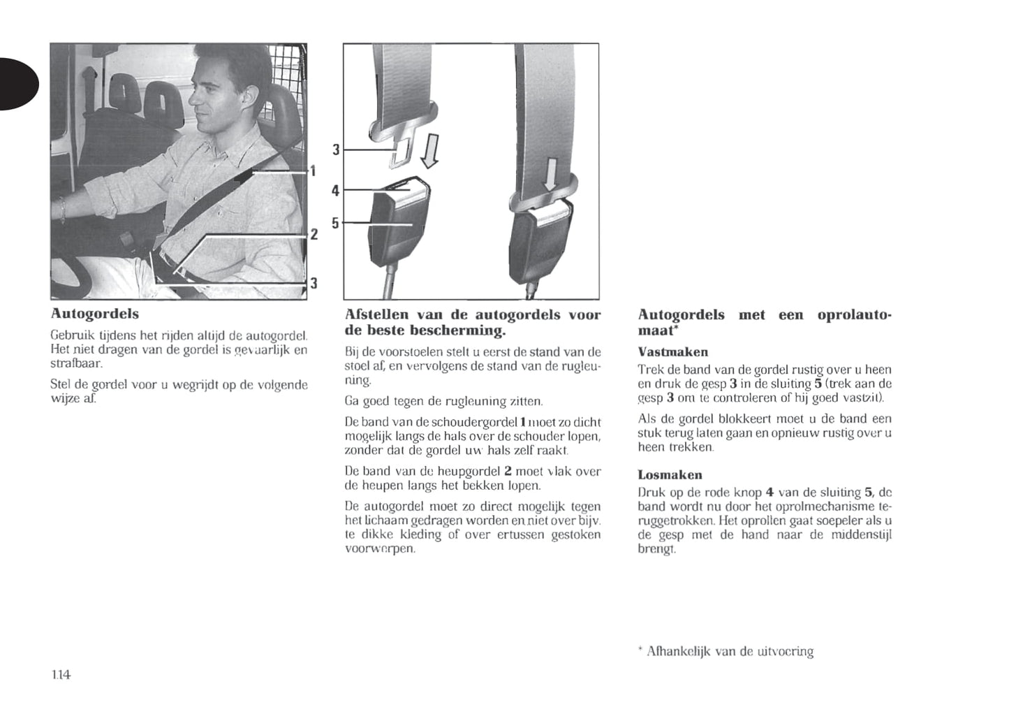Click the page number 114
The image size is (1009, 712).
click(61, 675)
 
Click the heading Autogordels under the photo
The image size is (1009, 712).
click(95, 314)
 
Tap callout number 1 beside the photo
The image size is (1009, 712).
click(314, 170)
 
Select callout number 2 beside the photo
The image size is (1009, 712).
click(314, 234)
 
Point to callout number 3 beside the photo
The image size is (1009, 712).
click(314, 282)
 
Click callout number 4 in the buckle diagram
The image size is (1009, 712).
click(335, 190)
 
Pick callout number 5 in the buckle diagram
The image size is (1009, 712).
click(335, 223)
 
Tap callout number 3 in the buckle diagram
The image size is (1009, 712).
click(335, 150)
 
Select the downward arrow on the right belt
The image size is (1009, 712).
click(551, 173)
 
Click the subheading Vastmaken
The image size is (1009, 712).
click(672, 352)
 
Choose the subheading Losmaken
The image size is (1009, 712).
click(670, 475)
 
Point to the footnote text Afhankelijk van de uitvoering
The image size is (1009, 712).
click(730, 652)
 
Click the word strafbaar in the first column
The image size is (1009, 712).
click(76, 364)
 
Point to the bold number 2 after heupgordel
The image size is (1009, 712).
click(508, 472)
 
